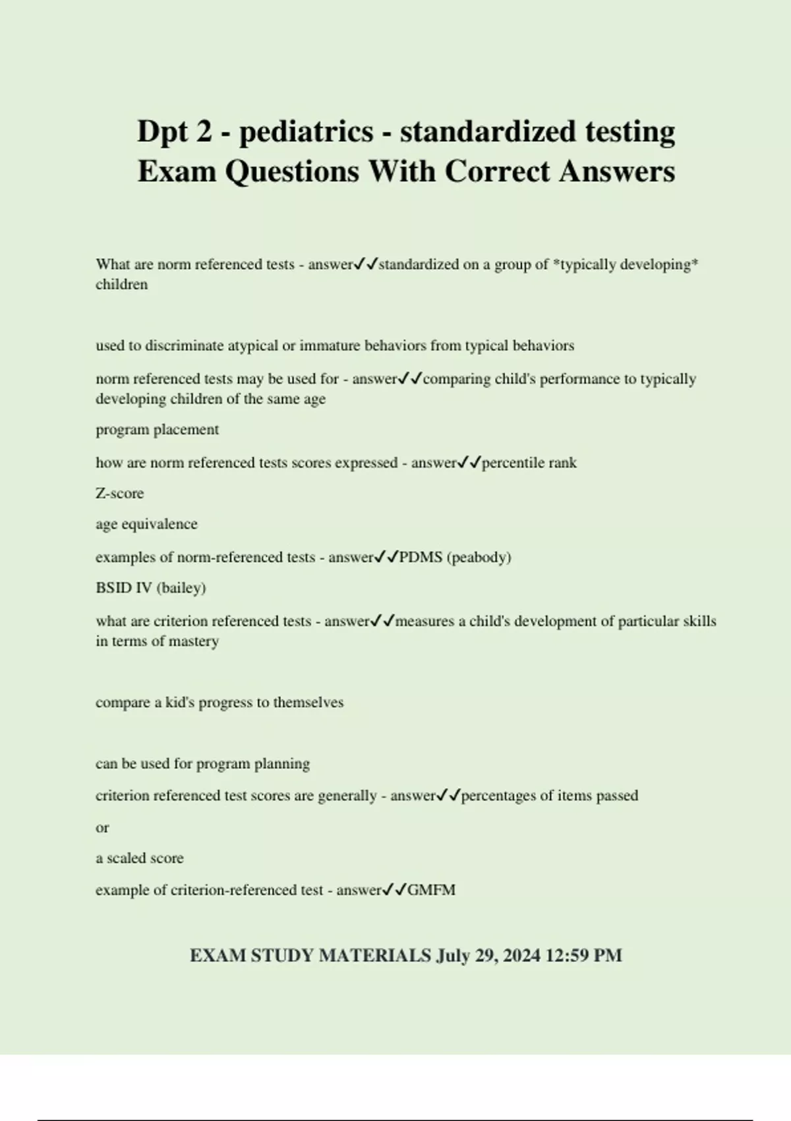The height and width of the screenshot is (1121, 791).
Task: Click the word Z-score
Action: tap(119, 493)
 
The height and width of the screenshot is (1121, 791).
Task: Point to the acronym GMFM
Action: tap(431, 890)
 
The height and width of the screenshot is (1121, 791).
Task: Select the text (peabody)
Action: tap(479, 557)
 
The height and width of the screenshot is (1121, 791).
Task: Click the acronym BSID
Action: tap(113, 588)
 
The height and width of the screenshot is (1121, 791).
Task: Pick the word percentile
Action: tap(511, 463)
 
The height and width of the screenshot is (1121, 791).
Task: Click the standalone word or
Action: tap(102, 828)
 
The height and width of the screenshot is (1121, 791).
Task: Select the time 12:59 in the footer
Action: tap(570, 955)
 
